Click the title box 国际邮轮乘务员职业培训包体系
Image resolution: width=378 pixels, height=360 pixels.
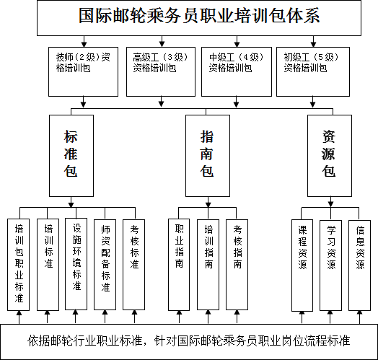(199, 18)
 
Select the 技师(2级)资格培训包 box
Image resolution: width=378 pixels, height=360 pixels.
(83, 71)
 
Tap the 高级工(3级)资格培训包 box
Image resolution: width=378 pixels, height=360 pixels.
(161, 71)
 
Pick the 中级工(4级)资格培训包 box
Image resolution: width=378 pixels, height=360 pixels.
(237, 71)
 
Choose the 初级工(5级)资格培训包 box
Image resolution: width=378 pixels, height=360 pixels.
(313, 71)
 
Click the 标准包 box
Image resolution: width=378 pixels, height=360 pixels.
(71, 156)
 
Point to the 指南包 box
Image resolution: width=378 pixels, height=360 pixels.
(208, 156)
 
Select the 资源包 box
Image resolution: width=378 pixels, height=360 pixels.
(330, 156)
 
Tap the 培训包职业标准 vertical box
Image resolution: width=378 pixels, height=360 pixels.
(18, 265)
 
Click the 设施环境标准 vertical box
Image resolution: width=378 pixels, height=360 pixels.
(76, 264)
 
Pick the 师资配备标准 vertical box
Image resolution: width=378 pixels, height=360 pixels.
(105, 265)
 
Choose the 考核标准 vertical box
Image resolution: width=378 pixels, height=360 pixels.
(133, 265)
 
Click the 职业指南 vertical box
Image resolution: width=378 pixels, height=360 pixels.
(179, 265)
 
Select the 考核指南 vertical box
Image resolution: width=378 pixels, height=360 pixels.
(237, 265)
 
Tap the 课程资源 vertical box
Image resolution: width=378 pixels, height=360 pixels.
(302, 265)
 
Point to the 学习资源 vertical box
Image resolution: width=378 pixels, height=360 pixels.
(330, 265)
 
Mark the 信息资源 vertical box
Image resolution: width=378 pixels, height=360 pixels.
(359, 265)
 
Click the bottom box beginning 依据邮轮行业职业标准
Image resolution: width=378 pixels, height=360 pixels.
(189, 342)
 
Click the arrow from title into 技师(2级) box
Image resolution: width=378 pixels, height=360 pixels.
(84, 41)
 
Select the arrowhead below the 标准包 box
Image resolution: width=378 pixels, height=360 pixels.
(71, 205)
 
